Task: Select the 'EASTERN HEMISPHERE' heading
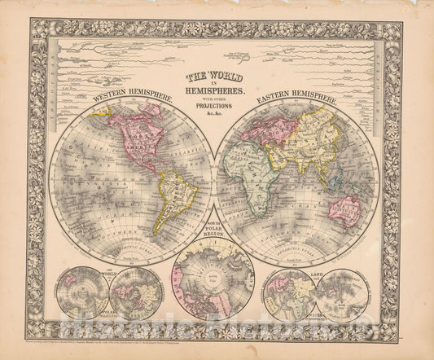pos(297,99)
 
